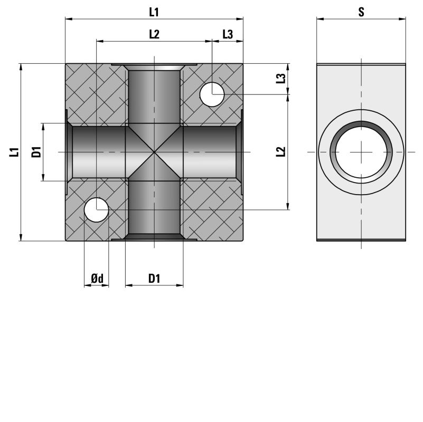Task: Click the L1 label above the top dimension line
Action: [x=154, y=12]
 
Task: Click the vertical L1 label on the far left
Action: [x=14, y=152]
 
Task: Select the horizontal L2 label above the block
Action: [x=154, y=34]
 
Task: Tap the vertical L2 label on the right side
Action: [x=280, y=152]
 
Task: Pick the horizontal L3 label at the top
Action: [x=228, y=34]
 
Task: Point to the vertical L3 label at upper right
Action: [x=280, y=79]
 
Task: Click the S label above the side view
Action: [x=361, y=12]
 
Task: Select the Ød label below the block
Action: [x=97, y=279]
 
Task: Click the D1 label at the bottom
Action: [x=154, y=279]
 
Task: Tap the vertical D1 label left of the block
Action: [x=36, y=152]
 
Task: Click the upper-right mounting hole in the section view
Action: [x=212, y=94]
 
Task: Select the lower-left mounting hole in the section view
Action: [x=96, y=209]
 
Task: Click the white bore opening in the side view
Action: [x=361, y=152]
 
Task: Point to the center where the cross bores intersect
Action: [x=154, y=152]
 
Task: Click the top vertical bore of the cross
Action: [x=154, y=97]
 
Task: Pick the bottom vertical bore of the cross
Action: [x=154, y=207]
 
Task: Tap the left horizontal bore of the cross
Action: [x=99, y=152]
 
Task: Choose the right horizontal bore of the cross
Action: [x=210, y=152]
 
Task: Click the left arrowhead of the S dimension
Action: [x=320, y=19]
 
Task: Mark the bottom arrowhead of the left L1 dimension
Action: [x=21, y=237]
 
